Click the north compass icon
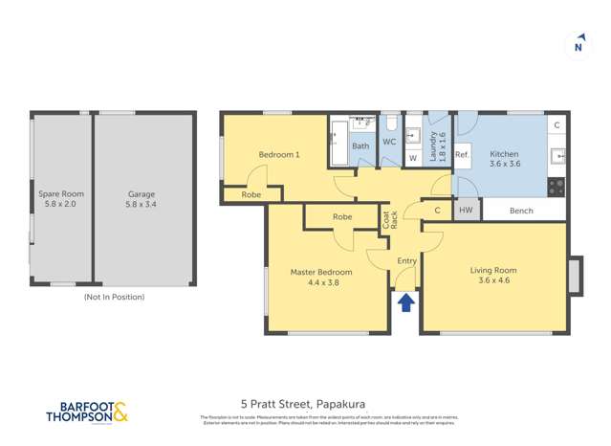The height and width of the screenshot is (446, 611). tap(578, 45)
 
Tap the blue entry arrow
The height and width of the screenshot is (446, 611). tap(405, 303)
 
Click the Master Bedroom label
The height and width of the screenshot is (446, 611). tap(321, 278)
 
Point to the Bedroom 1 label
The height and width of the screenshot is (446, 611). tap(278, 154)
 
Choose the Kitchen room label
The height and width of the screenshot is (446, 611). tap(504, 159)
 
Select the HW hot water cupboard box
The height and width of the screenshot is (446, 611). tap(466, 210)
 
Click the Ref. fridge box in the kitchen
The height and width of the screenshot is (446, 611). tap(462, 155)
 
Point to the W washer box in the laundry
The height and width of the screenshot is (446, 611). tap(413, 158)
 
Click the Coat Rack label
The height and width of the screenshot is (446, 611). tap(389, 218)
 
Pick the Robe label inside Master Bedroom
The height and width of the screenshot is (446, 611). tap(342, 217)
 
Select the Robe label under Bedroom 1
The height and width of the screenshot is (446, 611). tap(251, 194)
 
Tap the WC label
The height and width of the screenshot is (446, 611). tap(389, 143)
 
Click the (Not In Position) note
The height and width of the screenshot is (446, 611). tap(115, 297)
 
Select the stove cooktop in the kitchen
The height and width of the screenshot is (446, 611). tap(556, 189)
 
